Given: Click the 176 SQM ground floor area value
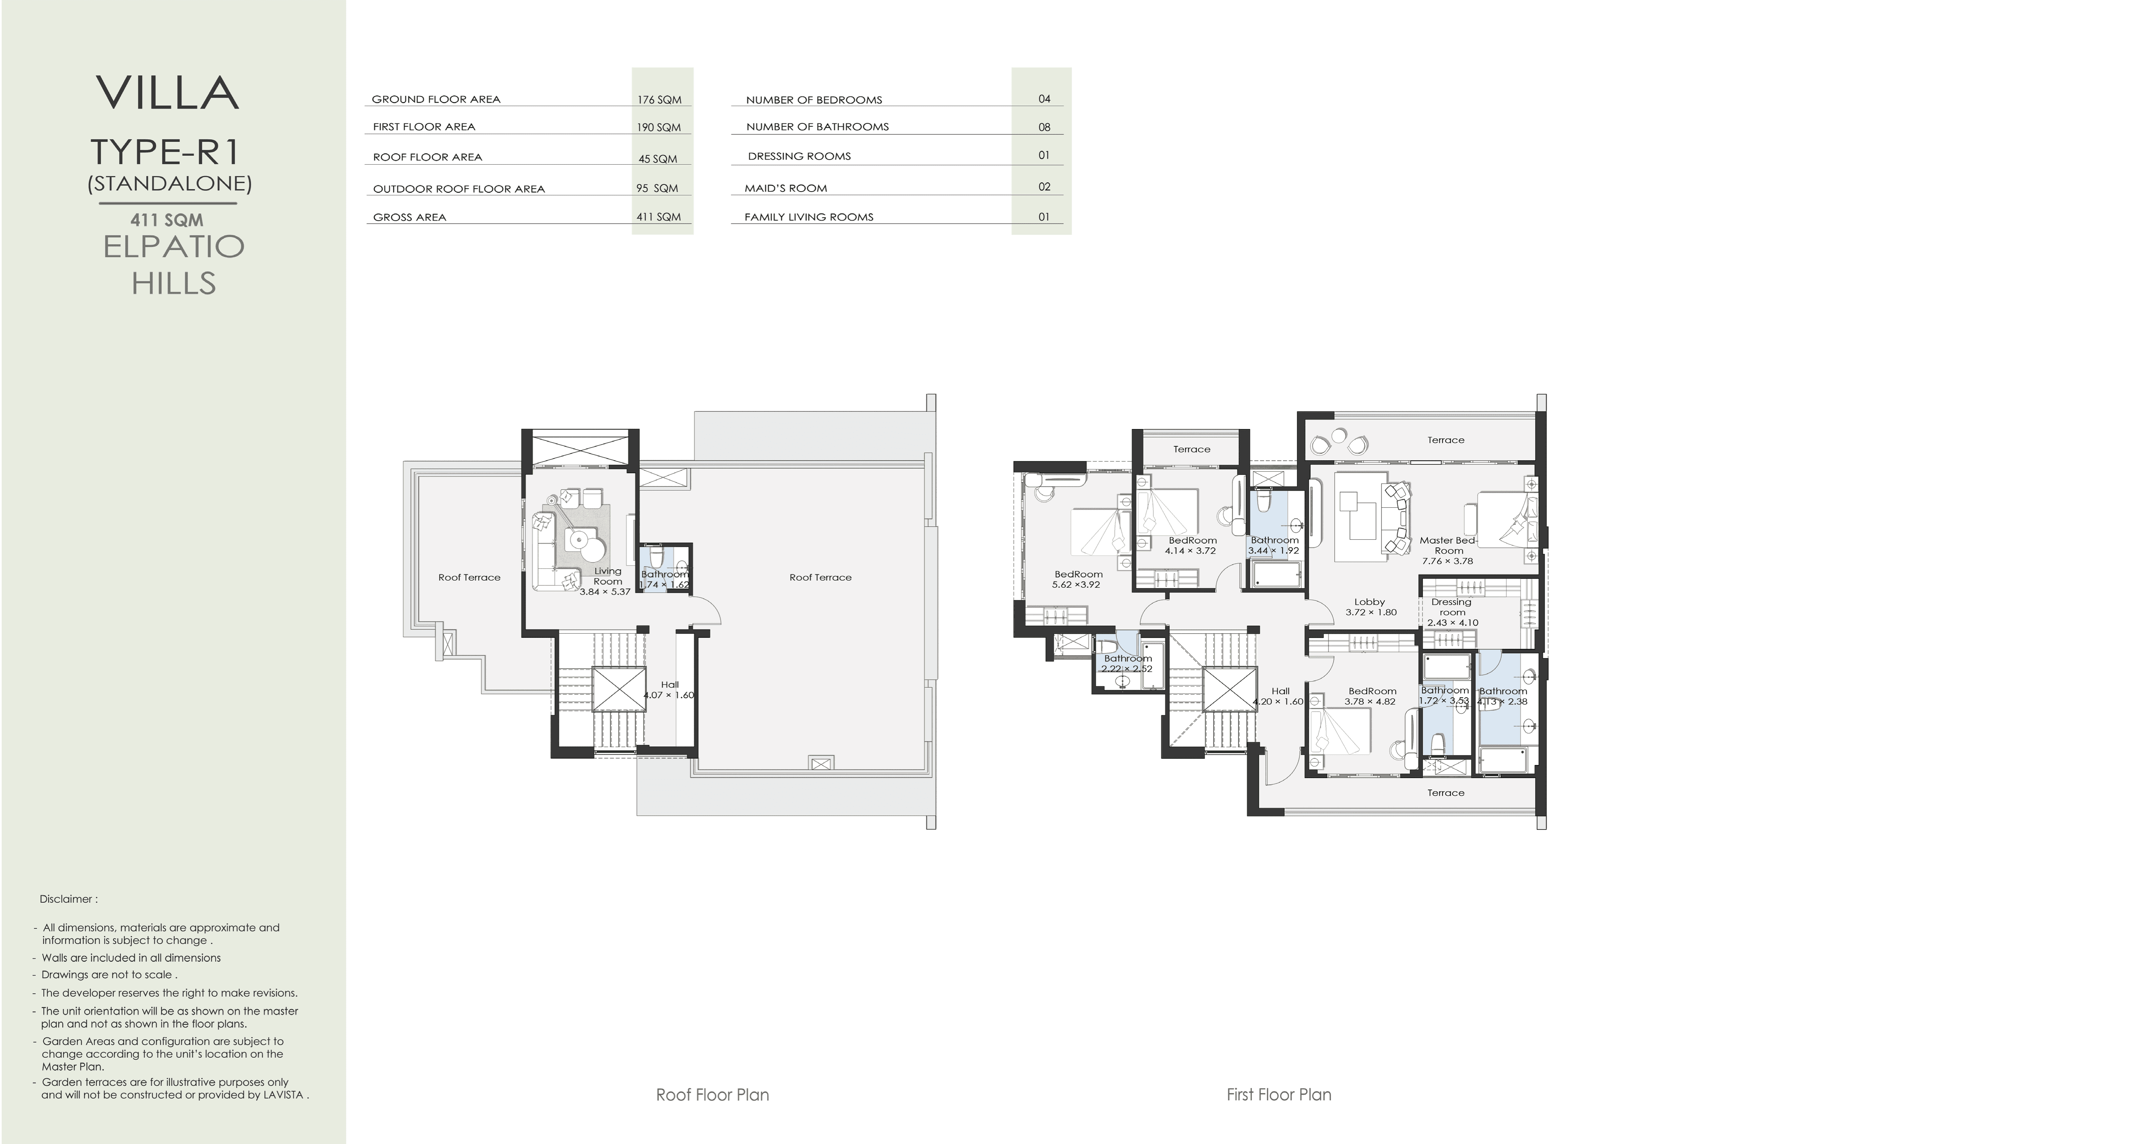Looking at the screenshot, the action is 659,100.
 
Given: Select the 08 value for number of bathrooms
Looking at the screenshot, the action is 1044,127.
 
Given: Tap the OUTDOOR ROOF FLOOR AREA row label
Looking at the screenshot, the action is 459,189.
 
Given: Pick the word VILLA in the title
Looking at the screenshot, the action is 168,93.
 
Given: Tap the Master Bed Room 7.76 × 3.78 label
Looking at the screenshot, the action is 1448,550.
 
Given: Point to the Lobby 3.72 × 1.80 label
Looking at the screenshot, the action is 1370,607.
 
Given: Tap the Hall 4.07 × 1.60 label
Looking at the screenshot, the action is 669,690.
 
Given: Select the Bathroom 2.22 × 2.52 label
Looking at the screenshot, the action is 1127,663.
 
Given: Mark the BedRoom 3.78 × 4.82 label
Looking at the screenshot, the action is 1371,696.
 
